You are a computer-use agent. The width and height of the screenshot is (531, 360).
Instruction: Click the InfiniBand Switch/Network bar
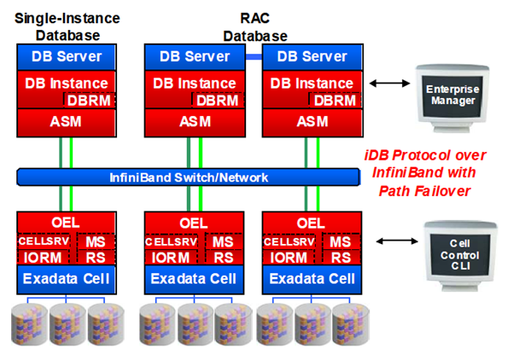point(188,177)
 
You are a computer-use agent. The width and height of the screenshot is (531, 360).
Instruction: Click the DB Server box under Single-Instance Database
point(67,57)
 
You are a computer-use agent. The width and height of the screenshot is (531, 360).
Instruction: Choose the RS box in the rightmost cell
point(340,257)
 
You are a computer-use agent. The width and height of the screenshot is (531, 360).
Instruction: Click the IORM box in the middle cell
point(167,257)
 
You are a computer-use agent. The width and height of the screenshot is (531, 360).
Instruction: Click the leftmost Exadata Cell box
point(67,278)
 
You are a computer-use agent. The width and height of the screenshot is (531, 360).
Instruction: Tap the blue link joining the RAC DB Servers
point(254,56)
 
